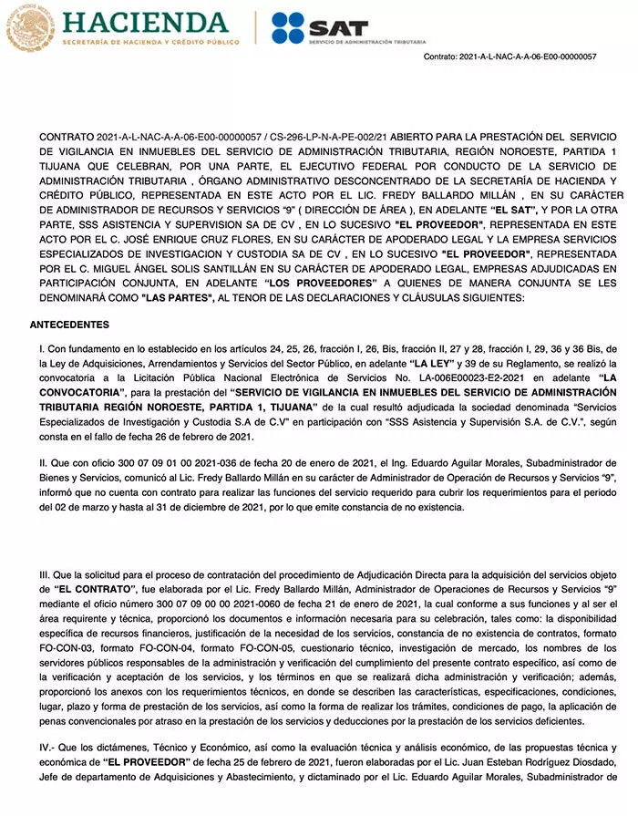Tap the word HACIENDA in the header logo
click(145, 20)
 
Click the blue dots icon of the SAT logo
click(287, 28)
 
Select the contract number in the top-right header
click(510, 57)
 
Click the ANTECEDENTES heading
click(69, 325)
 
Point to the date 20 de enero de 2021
click(324, 464)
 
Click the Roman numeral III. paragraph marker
click(46, 575)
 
